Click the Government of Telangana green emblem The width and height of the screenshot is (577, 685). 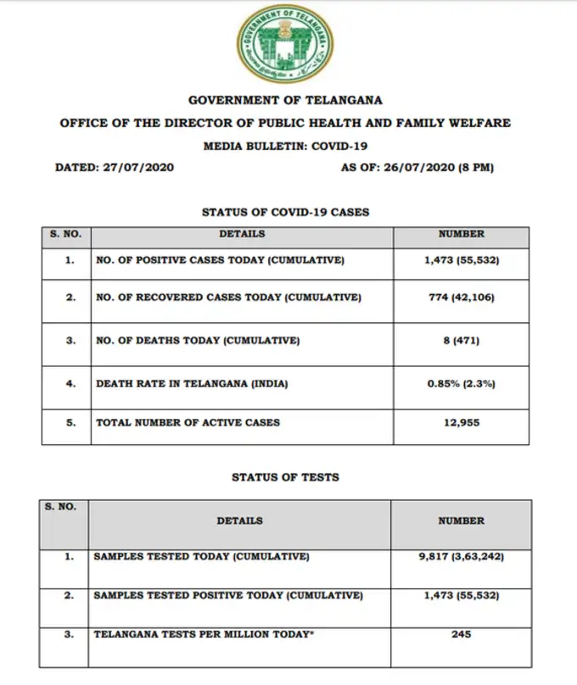tap(285, 44)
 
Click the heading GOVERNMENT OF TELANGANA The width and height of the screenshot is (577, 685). tap(285, 100)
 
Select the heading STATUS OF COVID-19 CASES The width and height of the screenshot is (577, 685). tap(285, 212)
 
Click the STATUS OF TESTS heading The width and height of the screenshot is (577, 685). tap(285, 477)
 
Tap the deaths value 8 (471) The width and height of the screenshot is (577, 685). tap(462, 341)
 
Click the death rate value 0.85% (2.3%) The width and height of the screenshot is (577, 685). tap(462, 383)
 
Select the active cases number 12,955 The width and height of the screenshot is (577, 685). tap(462, 422)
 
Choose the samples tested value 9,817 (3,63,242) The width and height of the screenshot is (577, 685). tap(462, 557)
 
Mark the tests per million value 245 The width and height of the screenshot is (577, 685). tap(462, 633)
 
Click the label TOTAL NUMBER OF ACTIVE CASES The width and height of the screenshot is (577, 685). tap(188, 422)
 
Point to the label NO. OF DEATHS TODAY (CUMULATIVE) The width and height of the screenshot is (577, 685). tap(199, 341)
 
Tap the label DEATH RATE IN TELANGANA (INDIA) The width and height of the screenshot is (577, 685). tap(193, 383)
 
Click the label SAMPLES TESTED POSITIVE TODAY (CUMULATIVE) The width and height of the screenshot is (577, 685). tap(228, 596)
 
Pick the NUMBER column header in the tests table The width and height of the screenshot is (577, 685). tap(462, 521)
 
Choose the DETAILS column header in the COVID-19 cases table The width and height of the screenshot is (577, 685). tap(242, 234)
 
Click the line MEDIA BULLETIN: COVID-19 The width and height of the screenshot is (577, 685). tap(285, 146)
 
